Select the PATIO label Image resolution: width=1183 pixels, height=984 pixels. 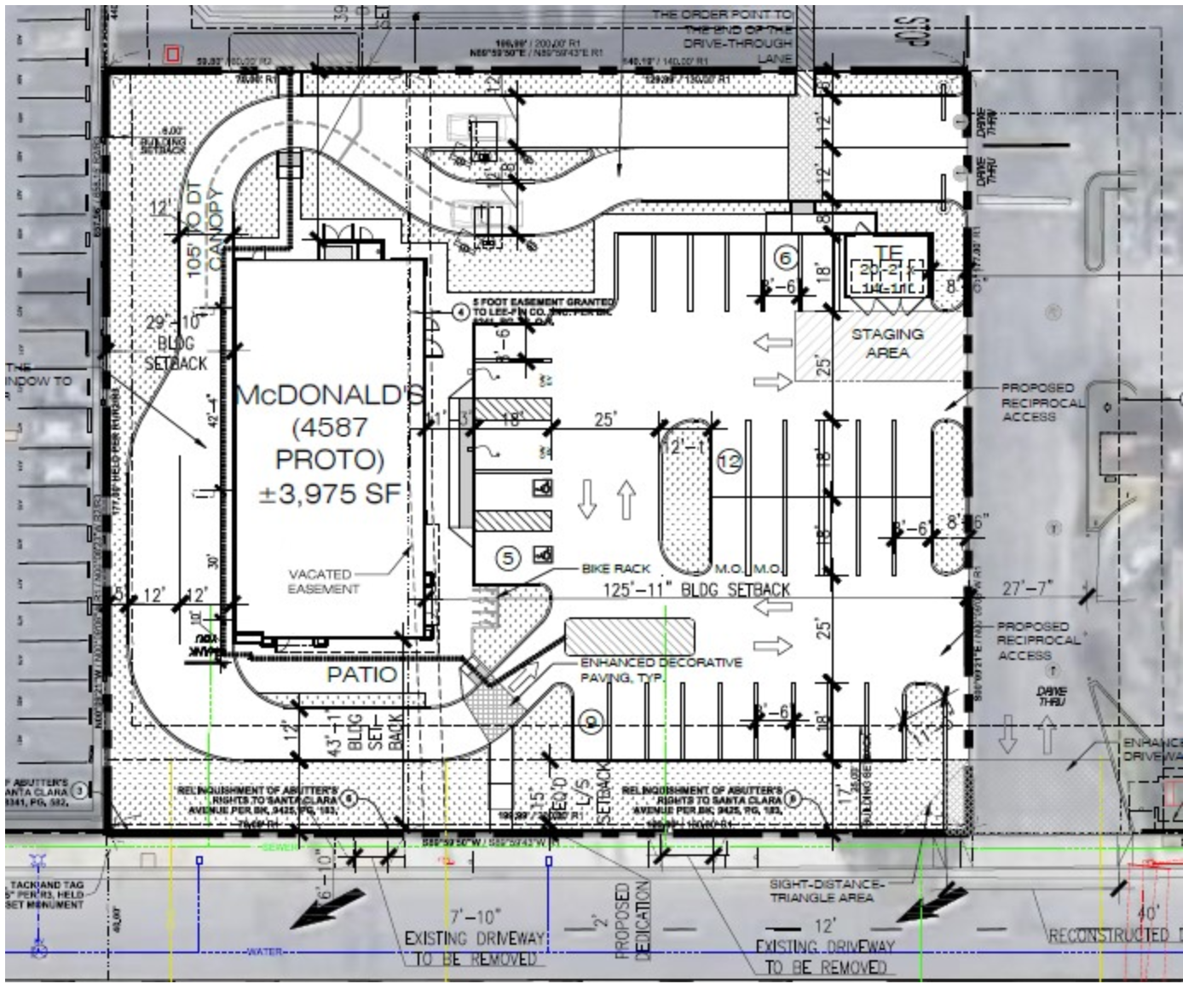362,674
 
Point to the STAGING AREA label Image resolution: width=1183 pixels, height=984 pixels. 887,343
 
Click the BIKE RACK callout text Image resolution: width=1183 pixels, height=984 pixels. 615,568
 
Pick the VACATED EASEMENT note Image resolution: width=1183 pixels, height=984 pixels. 323,582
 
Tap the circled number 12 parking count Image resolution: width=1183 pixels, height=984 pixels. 730,461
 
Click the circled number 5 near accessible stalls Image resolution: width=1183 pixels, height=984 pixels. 508,558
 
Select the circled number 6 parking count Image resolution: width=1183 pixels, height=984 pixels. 784,258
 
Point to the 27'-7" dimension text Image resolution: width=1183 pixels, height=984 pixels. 1028,588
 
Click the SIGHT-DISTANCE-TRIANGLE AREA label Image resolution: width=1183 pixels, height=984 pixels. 821,890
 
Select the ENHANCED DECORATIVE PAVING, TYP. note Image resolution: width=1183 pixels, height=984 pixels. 661,669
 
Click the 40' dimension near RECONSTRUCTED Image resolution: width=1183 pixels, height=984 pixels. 1147,913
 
